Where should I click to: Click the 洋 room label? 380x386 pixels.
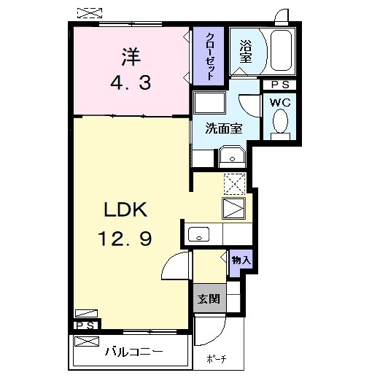[131, 55]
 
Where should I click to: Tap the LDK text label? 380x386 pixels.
[125, 211]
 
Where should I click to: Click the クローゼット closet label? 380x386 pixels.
[209, 55]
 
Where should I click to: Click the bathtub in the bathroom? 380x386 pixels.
[280, 52]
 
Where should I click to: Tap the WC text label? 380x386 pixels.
[280, 102]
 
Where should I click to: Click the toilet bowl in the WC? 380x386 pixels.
[280, 123]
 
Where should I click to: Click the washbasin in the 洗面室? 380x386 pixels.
[233, 156]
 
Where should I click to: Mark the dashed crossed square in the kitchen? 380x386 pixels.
[235, 182]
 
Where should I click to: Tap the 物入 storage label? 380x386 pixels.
[240, 260]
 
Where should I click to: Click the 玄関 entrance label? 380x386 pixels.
[207, 299]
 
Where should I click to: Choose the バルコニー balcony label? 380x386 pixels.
[132, 351]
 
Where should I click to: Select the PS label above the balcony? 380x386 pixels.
[85, 325]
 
